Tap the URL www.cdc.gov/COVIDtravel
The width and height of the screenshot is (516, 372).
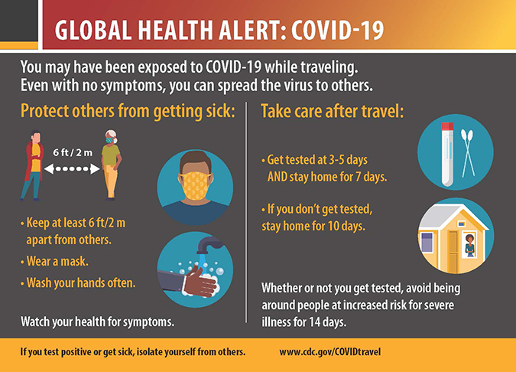[330, 352]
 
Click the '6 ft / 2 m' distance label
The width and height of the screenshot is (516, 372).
[73, 152]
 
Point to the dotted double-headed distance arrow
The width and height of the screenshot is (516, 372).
[72, 168]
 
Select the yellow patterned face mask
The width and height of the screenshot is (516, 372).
[195, 186]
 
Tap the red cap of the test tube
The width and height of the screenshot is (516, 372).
[447, 126]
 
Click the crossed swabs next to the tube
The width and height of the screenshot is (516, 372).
[468, 152]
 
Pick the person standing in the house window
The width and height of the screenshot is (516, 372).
[469, 246]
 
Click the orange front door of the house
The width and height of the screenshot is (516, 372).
[453, 252]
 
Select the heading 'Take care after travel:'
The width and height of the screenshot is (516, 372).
[333, 111]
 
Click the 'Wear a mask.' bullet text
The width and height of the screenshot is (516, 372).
[57, 261]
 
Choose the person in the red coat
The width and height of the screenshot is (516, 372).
[33, 165]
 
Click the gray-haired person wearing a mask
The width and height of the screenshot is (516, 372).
[112, 165]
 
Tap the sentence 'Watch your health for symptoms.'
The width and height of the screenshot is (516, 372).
[97, 321]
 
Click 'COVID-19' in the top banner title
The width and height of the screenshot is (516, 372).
[338, 30]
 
